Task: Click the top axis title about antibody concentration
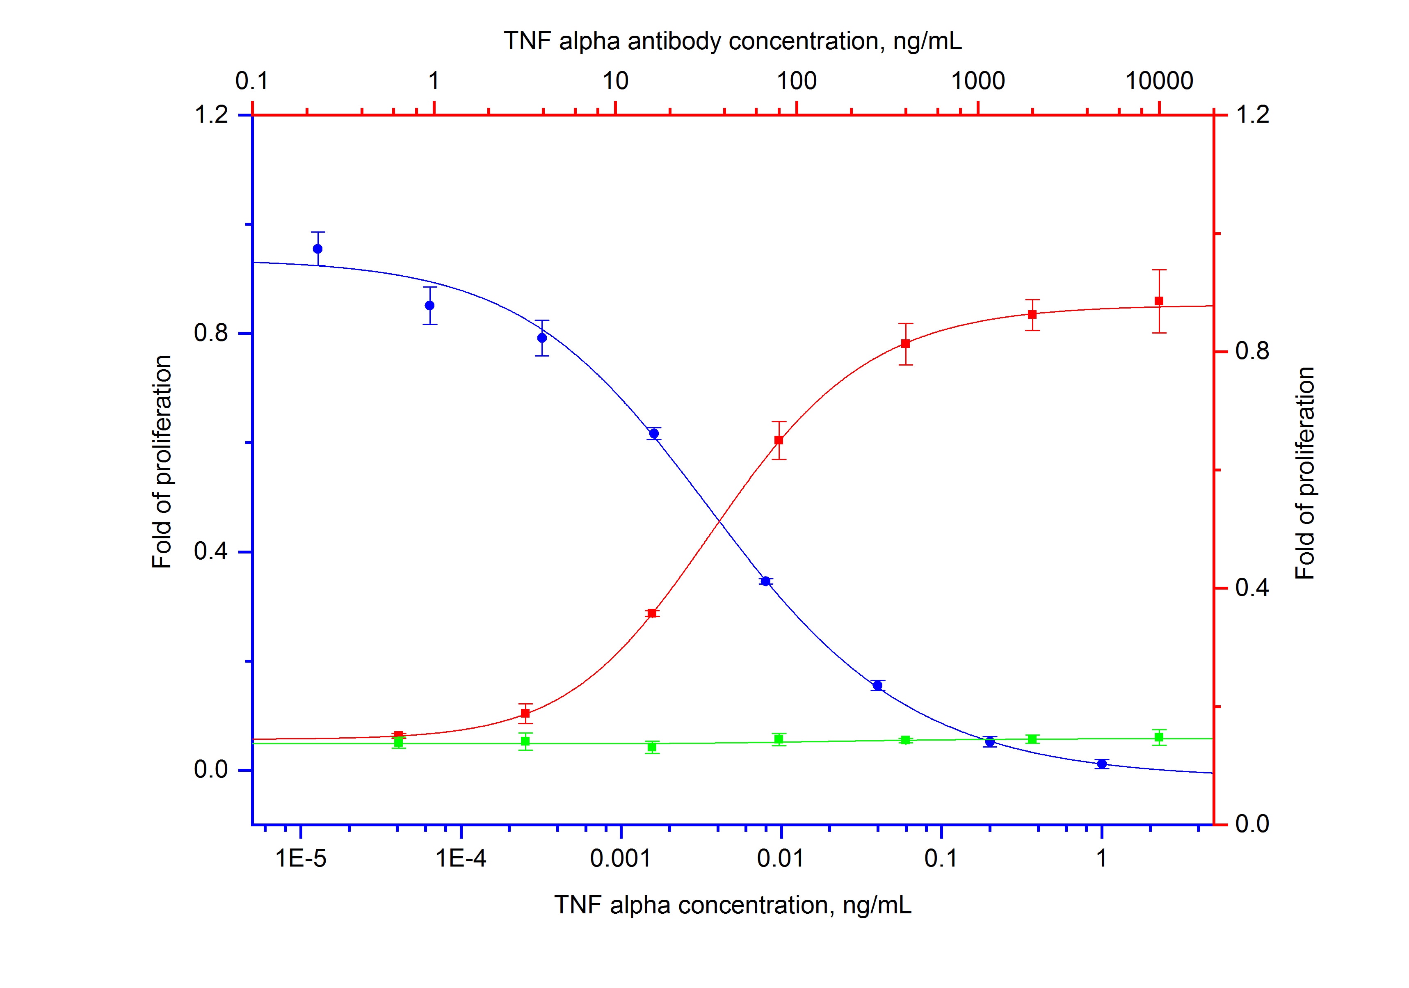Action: click(732, 41)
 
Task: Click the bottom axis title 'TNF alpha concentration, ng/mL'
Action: click(732, 905)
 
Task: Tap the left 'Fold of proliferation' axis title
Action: click(162, 462)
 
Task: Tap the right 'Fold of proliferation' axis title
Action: click(1305, 473)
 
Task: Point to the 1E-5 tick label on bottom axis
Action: click(301, 858)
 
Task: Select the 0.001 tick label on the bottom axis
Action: click(621, 858)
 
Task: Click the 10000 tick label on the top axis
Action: click(1159, 81)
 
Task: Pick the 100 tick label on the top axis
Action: click(797, 81)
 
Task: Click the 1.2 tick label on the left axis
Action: click(212, 115)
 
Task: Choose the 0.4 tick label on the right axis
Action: click(1252, 588)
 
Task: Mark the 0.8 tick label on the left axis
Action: click(212, 333)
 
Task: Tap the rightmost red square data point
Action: click(1159, 301)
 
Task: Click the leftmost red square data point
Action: click(398, 736)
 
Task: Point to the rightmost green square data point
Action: click(1159, 737)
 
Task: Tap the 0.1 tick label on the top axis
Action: click(251, 81)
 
